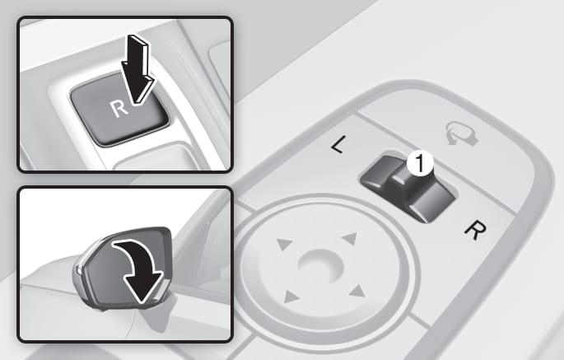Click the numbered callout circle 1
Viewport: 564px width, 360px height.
(x=420, y=164)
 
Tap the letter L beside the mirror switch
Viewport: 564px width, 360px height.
(x=338, y=144)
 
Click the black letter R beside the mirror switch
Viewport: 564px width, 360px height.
(x=475, y=230)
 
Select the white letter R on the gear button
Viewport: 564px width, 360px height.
(x=119, y=108)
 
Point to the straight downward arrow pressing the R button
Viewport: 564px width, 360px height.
(x=138, y=70)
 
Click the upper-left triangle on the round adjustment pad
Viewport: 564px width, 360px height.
(x=284, y=244)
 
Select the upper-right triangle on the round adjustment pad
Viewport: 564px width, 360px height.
(x=349, y=238)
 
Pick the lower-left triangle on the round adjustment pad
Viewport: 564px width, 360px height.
(x=291, y=297)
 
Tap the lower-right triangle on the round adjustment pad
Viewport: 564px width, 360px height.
(x=357, y=291)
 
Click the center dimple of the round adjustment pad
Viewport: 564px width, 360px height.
(x=320, y=266)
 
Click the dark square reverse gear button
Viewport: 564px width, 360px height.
(x=119, y=109)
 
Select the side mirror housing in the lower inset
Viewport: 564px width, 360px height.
(x=124, y=269)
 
